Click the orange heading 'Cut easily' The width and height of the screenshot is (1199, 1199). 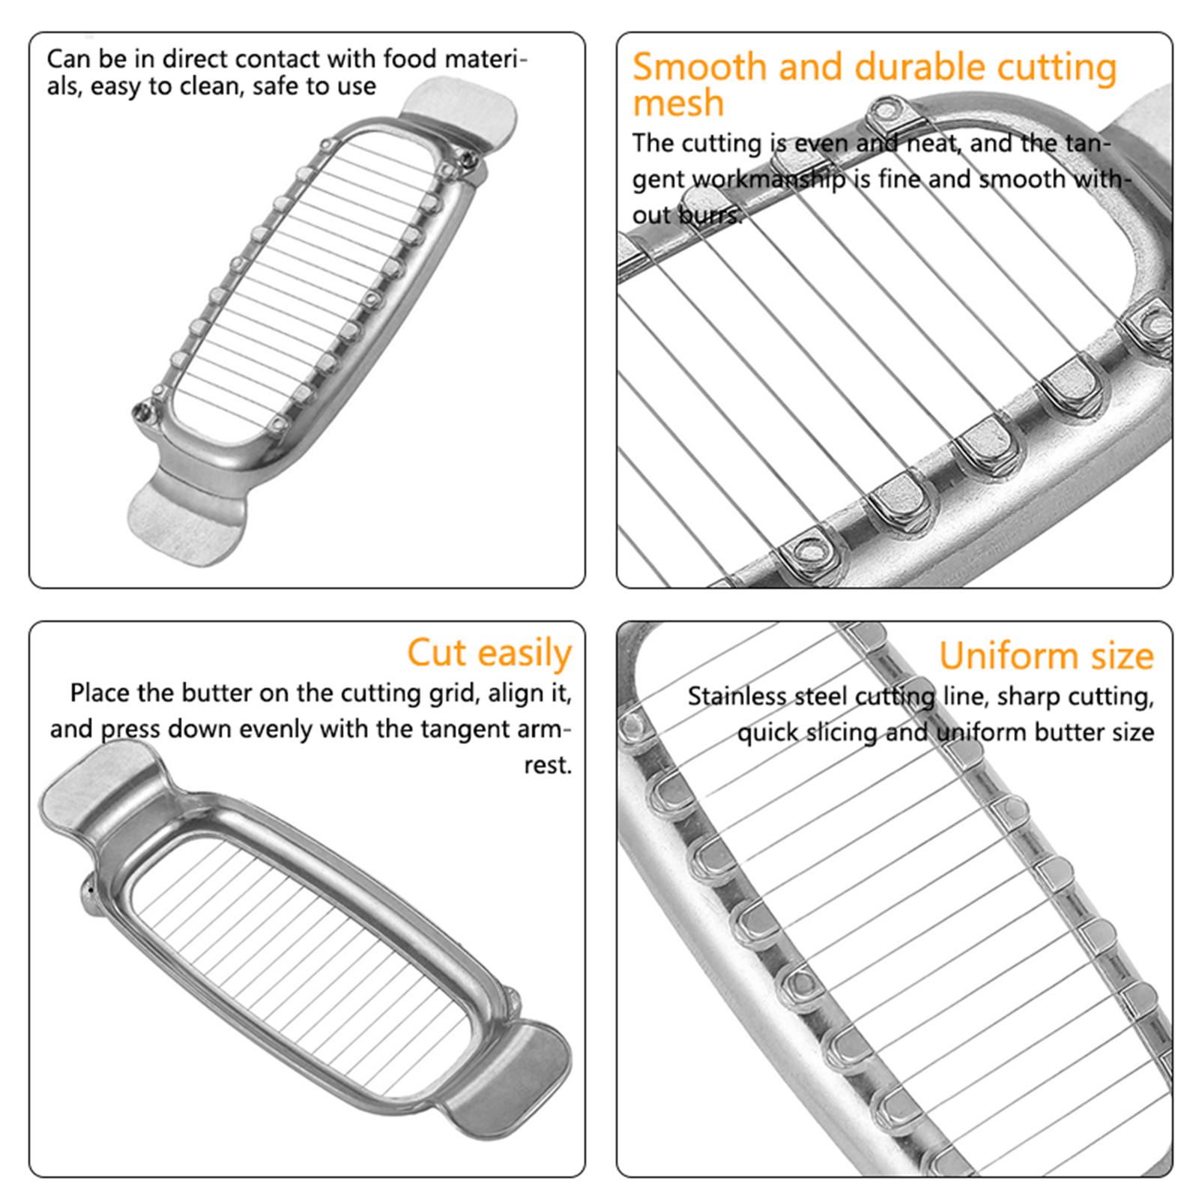(x=489, y=653)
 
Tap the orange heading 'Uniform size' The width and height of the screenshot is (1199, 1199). (x=1046, y=656)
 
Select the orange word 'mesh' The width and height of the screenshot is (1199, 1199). (x=678, y=103)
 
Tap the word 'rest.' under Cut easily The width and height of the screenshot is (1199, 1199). (x=548, y=765)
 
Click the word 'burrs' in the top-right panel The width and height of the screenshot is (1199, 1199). (x=710, y=215)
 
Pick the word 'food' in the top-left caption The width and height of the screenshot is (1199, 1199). (x=410, y=58)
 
